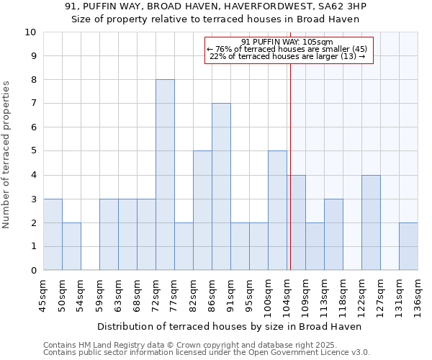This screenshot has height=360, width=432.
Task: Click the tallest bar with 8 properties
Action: (x=165, y=175)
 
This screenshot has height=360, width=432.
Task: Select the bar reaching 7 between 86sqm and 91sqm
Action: (x=221, y=187)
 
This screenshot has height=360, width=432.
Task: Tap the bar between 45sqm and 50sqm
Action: (x=53, y=235)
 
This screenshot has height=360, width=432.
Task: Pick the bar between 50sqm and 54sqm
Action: (x=71, y=247)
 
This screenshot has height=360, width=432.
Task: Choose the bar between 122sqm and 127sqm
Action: (x=371, y=222)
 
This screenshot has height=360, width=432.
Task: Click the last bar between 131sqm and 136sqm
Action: (x=408, y=247)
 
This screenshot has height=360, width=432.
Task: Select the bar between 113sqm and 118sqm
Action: (x=333, y=235)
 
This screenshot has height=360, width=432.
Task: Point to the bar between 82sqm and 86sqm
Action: (x=202, y=211)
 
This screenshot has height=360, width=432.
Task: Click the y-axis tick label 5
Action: (x=33, y=151)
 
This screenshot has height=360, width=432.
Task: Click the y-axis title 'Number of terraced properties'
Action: (x=6, y=155)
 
